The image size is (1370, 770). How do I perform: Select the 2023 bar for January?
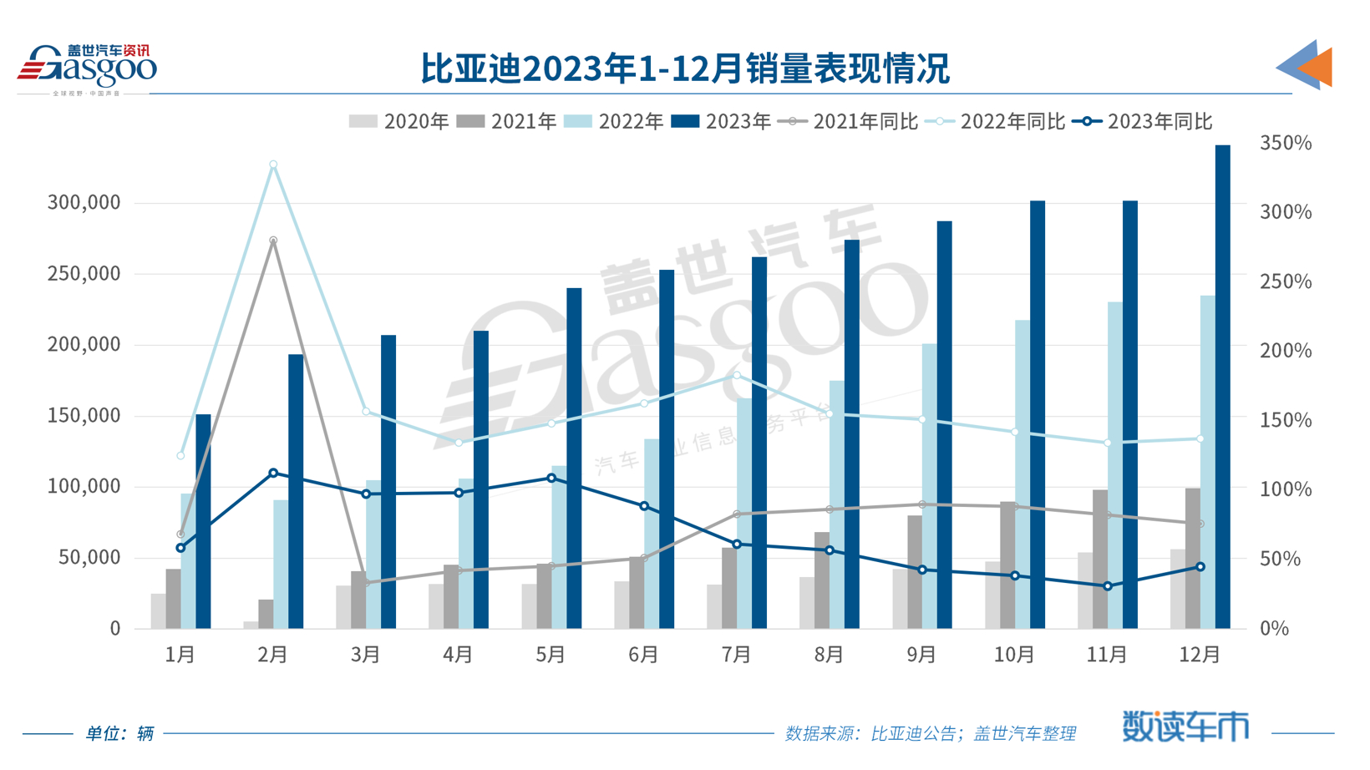[203, 521]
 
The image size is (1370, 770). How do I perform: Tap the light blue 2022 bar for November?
[1115, 464]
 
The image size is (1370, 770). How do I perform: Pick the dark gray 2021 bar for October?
[1008, 565]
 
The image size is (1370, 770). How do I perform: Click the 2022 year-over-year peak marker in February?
[273, 165]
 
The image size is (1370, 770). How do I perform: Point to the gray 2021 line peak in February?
[273, 241]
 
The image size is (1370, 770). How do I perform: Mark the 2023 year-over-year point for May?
[551, 479]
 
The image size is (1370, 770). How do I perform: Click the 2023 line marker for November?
[1108, 586]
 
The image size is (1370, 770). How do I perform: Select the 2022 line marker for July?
[737, 375]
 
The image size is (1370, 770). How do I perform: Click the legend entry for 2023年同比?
[1143, 122]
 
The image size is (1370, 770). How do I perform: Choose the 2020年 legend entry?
[399, 122]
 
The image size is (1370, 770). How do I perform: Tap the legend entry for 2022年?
[614, 122]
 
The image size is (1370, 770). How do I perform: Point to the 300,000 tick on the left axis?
[84, 203]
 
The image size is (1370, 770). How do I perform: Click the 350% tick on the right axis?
[1285, 144]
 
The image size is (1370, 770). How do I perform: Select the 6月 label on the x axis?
[643, 655]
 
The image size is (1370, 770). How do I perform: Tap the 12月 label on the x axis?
[1200, 655]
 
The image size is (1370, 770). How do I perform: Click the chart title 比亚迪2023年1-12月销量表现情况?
[684, 68]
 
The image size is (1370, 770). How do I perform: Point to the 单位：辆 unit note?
[119, 733]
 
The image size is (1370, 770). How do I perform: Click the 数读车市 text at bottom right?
[1185, 727]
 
